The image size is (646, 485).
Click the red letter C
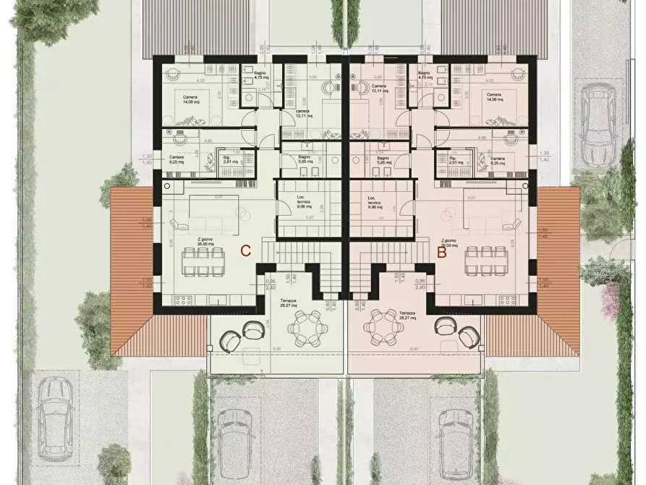tap(245, 252)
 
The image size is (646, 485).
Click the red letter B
tap(441, 253)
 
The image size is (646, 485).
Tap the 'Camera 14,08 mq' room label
tap(190, 100)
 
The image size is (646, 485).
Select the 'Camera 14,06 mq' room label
tap(494, 97)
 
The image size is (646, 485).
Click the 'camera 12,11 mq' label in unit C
tap(303, 113)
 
